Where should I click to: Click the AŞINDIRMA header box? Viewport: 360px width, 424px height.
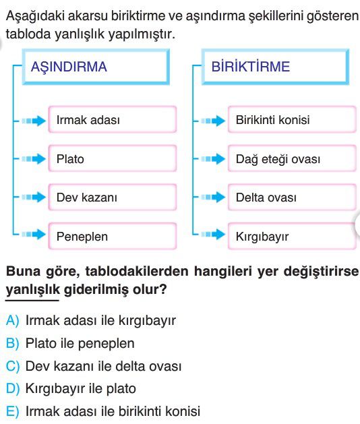pyautogui.click(x=96, y=67)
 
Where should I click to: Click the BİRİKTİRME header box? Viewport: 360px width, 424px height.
pyautogui.click(x=275, y=67)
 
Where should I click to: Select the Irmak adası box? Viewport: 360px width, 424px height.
pyautogui.click(x=112, y=119)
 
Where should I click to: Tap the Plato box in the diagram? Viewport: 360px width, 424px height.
pyautogui.click(x=112, y=158)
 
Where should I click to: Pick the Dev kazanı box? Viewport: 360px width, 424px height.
pyautogui.click(x=112, y=197)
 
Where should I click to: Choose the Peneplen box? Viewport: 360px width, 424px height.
pyautogui.click(x=112, y=236)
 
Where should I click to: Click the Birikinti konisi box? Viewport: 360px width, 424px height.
pyautogui.click(x=292, y=119)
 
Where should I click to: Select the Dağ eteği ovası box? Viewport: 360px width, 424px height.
pyautogui.click(x=292, y=158)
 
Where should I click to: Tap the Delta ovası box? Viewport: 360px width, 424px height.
pyautogui.click(x=292, y=197)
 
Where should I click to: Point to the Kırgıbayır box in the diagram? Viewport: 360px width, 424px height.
pyautogui.click(x=292, y=236)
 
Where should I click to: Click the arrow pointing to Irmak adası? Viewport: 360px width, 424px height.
pyautogui.click(x=34, y=121)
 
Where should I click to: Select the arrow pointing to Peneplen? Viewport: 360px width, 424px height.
pyautogui.click(x=34, y=234)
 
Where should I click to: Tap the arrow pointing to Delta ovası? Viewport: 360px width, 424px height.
pyautogui.click(x=213, y=197)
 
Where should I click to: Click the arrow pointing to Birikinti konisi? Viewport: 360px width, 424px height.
pyautogui.click(x=213, y=121)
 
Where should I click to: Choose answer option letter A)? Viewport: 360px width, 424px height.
pyautogui.click(x=12, y=321)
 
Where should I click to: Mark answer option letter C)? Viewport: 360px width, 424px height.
pyautogui.click(x=13, y=367)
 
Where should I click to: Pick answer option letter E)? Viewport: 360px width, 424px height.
pyautogui.click(x=12, y=412)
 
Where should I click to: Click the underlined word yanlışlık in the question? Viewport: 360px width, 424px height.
pyautogui.click(x=32, y=290)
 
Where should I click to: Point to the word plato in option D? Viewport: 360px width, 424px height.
pyautogui.click(x=121, y=389)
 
